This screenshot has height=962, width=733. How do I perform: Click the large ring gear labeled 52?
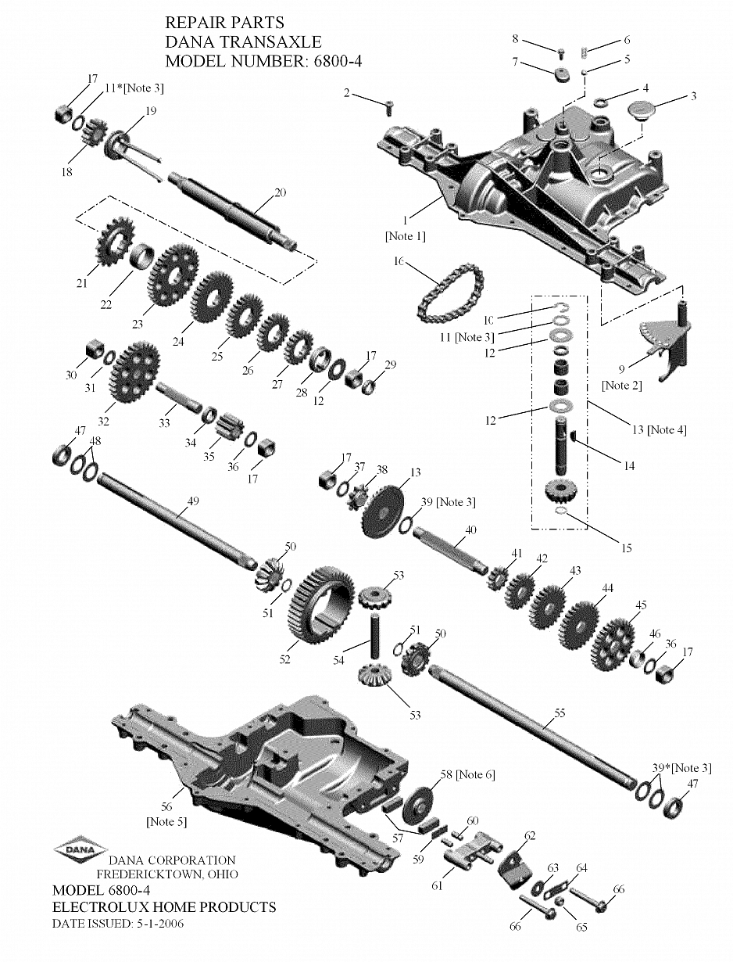pyautogui.click(x=320, y=605)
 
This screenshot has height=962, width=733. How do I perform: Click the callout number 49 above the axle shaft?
pyautogui.click(x=193, y=501)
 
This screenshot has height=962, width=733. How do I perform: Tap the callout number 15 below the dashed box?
pyautogui.click(x=627, y=547)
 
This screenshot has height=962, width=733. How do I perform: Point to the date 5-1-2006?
pyautogui.click(x=160, y=924)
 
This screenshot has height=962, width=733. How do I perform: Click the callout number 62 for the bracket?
pyautogui.click(x=530, y=835)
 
